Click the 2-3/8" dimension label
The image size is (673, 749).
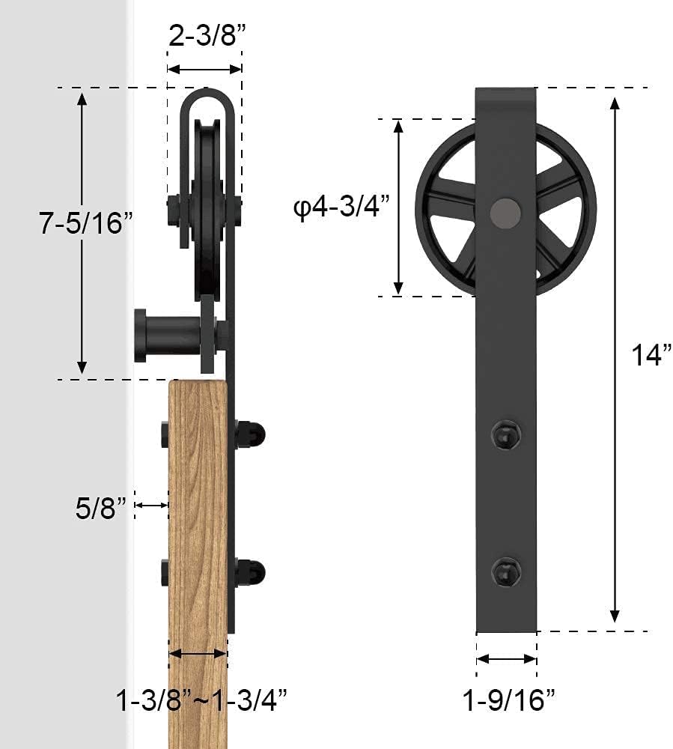click(204, 36)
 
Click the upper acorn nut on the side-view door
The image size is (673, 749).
click(252, 434)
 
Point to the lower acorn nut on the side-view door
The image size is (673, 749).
click(252, 572)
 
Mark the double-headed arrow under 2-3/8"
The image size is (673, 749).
click(204, 69)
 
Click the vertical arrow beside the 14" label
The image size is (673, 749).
click(615, 360)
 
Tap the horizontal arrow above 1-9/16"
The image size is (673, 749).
click(507, 659)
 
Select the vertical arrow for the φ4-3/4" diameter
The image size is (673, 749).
click(399, 207)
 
